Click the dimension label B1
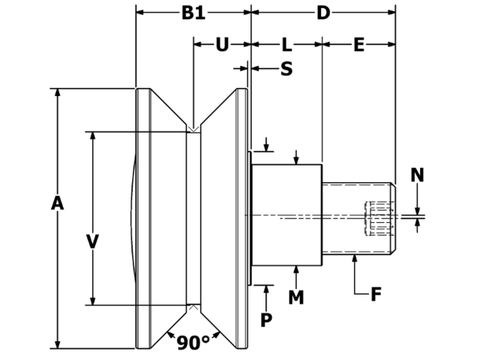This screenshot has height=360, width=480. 193,13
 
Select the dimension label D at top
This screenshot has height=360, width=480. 322,13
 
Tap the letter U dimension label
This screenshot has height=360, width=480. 222,44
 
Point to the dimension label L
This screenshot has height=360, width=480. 286,44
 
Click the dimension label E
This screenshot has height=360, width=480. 358,44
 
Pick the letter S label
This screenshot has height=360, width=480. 286,69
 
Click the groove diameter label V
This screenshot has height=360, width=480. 92,241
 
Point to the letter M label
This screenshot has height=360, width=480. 296,297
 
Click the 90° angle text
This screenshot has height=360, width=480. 193,343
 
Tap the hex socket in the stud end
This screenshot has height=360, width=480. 379,218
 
